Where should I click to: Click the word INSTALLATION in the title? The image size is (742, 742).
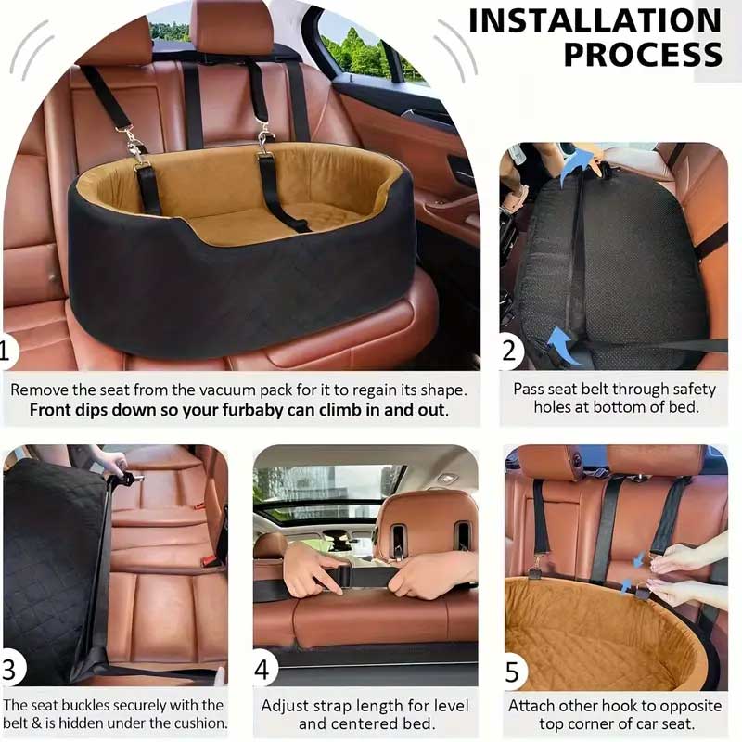click(x=595, y=20)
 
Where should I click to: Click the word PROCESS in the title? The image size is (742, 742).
click(x=643, y=55)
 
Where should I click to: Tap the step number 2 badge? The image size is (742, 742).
click(x=509, y=352)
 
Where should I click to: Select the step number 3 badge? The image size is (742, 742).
click(x=10, y=670)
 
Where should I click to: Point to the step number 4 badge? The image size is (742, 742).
click(x=262, y=670)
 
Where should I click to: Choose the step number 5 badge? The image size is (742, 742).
click(x=513, y=672)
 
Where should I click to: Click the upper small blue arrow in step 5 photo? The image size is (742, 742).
click(x=639, y=560)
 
